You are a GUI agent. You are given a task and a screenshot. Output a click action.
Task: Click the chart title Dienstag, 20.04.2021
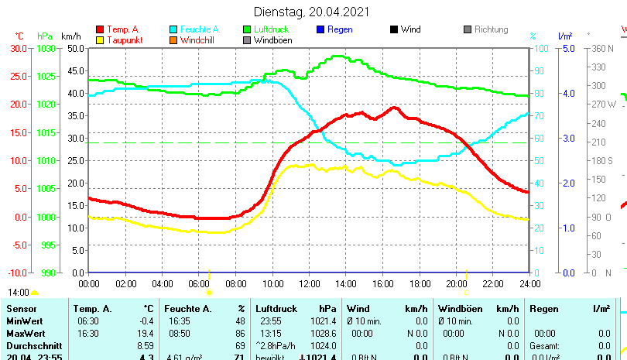(312, 12)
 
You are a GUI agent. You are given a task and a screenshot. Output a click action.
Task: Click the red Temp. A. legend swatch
(100, 29)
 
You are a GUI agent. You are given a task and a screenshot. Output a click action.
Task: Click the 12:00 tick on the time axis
(307, 283)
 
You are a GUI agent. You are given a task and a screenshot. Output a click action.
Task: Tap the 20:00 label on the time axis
(456, 283)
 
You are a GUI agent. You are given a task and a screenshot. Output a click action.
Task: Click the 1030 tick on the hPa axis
(46, 48)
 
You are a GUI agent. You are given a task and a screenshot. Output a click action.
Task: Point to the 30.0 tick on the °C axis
(19, 48)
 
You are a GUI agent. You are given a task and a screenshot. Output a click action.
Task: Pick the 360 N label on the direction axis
(602, 48)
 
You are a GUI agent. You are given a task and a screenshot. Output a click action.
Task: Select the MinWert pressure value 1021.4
(325, 321)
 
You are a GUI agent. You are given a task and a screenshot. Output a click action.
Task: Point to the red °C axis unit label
(19, 36)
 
